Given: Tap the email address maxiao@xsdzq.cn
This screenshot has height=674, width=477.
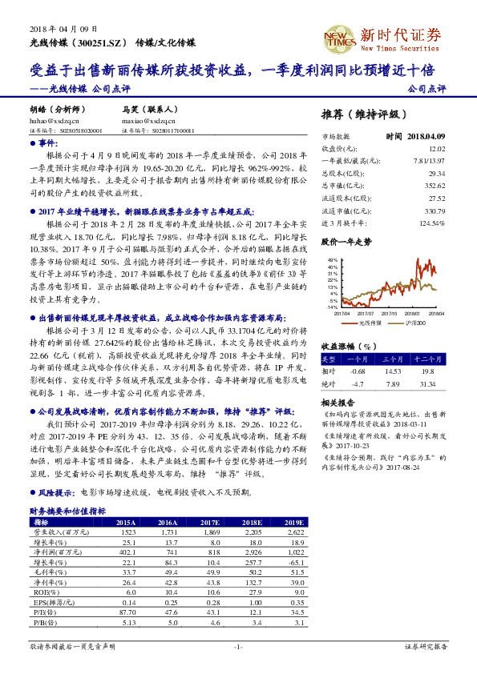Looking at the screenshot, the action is point(146,121).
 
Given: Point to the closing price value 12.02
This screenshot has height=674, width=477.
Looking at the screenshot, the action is point(437,148).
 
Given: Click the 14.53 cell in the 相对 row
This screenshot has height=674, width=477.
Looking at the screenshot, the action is point(392,371).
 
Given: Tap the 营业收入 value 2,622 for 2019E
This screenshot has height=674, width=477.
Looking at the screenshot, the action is point(293,509).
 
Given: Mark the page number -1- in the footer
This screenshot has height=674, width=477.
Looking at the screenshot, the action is point(238,646).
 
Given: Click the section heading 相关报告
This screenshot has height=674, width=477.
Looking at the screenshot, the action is point(337,401).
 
